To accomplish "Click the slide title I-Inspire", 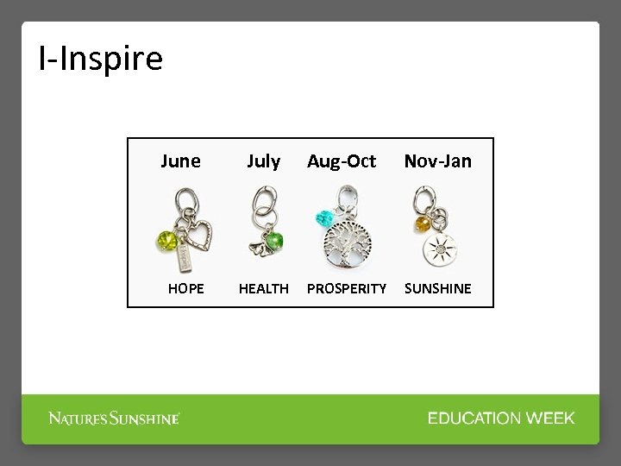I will click(100, 59).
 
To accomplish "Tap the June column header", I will click(180, 161).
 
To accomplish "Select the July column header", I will click(263, 161).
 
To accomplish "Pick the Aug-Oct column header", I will click(342, 161).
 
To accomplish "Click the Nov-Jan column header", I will click(438, 161).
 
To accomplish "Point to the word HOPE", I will click(185, 288).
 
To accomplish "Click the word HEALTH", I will click(263, 288).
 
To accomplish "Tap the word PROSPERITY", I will click(347, 288).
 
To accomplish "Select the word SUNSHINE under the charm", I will click(438, 288).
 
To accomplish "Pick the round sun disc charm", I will click(440, 248).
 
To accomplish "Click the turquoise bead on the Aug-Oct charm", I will click(326, 218).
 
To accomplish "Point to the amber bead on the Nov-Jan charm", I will click(423, 224).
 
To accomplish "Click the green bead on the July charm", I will click(274, 239).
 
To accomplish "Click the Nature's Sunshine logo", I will click(114, 419).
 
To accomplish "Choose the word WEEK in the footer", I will click(550, 419).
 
